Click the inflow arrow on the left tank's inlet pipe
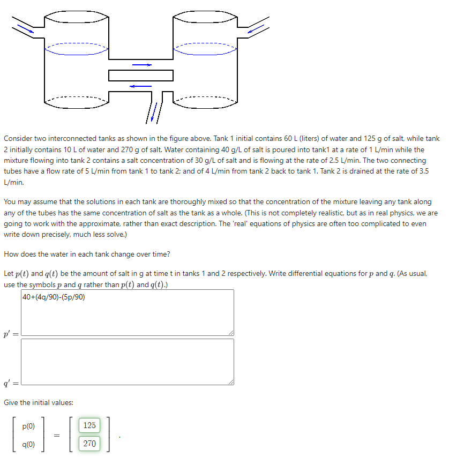[25, 28]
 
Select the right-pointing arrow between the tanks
[142, 65]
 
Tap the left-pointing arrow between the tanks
[140, 85]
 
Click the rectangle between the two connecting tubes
[141, 76]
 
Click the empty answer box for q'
[128, 361]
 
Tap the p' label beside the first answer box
[11, 334]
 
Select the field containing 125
[89, 425]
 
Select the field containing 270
[89, 444]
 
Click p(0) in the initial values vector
[28, 426]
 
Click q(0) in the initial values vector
[28, 444]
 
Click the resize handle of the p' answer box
[231, 333]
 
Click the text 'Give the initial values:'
[39, 402]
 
